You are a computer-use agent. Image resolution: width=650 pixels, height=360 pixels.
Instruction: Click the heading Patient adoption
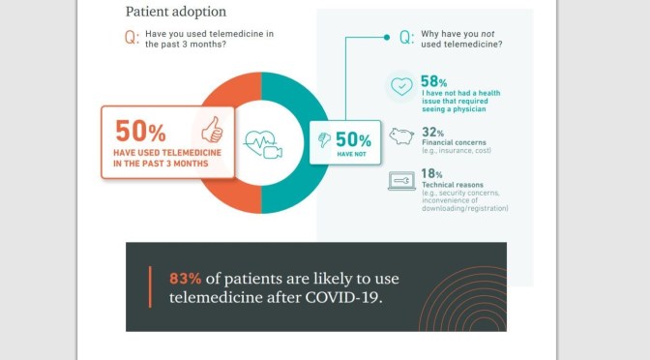point(176,13)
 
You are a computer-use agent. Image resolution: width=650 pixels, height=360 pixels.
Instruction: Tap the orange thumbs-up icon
point(211,131)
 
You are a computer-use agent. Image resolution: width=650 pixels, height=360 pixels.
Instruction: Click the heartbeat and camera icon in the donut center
point(262,145)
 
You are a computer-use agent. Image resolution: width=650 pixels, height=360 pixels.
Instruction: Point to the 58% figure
point(432,80)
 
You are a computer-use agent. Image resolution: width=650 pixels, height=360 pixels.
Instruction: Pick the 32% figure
point(431,132)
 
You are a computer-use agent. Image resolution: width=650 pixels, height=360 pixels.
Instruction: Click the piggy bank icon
point(401,136)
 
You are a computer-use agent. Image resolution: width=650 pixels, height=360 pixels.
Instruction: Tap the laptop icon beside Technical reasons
point(401,181)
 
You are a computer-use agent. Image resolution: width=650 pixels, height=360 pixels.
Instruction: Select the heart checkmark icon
point(401,87)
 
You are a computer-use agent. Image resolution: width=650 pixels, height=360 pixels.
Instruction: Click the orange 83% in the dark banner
point(188,278)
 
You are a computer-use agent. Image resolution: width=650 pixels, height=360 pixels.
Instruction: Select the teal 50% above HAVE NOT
point(352,139)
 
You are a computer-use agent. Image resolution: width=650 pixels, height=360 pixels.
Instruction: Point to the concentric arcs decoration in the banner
point(468,299)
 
